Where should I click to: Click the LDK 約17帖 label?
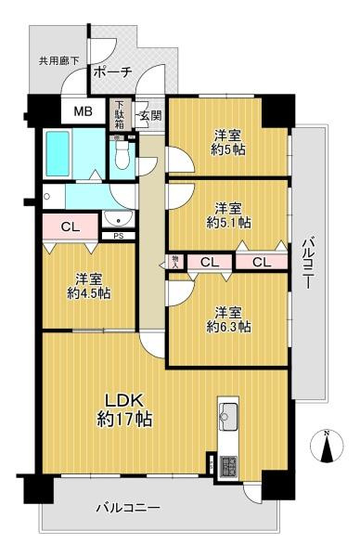coord(124,410)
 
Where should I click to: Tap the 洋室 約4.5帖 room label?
coord(89,286)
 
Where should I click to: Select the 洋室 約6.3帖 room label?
coord(229,319)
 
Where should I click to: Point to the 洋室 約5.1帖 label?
coord(229,215)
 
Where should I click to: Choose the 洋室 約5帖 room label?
coord(228,142)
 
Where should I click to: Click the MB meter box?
coord(84,111)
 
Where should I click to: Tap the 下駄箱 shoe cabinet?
coord(120,115)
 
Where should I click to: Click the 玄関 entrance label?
coord(150,115)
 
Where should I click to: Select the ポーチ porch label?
coord(113,72)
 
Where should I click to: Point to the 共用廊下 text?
coord(59,61)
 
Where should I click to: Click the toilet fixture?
coord(122,155)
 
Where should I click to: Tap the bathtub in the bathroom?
coord(58,153)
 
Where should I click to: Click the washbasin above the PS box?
coord(118,219)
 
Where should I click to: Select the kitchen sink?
coord(228,417)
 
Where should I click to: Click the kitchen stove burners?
coord(227,466)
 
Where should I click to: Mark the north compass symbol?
coord(327,446)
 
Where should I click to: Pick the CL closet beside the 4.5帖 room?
coord(71,227)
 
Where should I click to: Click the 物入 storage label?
coord(175,262)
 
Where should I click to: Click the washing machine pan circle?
coord(45,196)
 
